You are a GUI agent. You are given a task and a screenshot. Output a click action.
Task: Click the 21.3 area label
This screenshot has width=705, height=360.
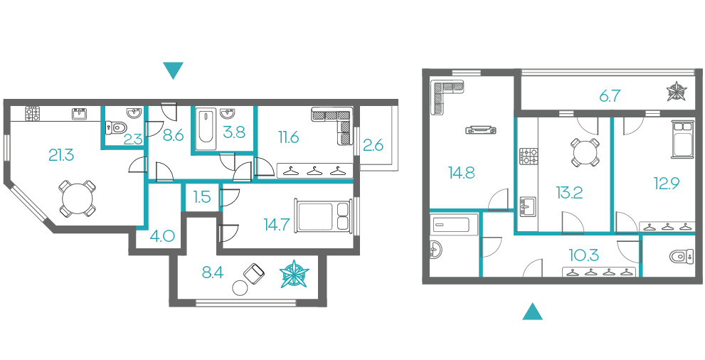point(61,156)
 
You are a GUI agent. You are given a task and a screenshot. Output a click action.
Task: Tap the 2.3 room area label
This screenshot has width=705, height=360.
point(133,139)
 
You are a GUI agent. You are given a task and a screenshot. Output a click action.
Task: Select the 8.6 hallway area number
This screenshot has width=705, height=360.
point(173,135)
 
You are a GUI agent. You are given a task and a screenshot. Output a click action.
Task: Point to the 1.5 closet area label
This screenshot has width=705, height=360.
point(202,197)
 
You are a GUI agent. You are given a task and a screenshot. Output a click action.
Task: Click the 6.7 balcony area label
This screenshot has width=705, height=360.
point(610,96)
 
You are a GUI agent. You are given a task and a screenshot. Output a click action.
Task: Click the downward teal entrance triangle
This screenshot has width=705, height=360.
point(173,71)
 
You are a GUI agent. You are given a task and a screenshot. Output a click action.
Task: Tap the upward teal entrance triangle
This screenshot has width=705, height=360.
point(532,311)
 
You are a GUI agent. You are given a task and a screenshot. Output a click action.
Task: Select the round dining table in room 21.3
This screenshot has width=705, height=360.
point(78,198)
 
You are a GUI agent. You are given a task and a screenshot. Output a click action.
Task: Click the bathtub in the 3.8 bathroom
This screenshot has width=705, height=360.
point(205,127)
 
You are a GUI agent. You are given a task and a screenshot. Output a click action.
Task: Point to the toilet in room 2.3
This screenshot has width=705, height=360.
point(115,127)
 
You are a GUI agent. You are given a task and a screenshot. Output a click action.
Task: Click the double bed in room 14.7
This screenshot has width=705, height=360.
point(323,216)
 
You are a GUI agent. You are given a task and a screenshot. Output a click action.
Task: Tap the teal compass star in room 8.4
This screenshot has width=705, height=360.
point(295,274)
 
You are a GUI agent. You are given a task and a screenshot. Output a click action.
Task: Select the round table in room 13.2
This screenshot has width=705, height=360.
point(585,152)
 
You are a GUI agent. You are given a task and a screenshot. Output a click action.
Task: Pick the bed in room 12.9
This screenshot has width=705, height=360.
point(682,139)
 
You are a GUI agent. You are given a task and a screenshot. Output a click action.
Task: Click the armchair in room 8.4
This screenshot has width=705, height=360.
point(255,273)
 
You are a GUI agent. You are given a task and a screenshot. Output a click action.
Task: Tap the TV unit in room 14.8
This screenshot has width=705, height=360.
point(481,130)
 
